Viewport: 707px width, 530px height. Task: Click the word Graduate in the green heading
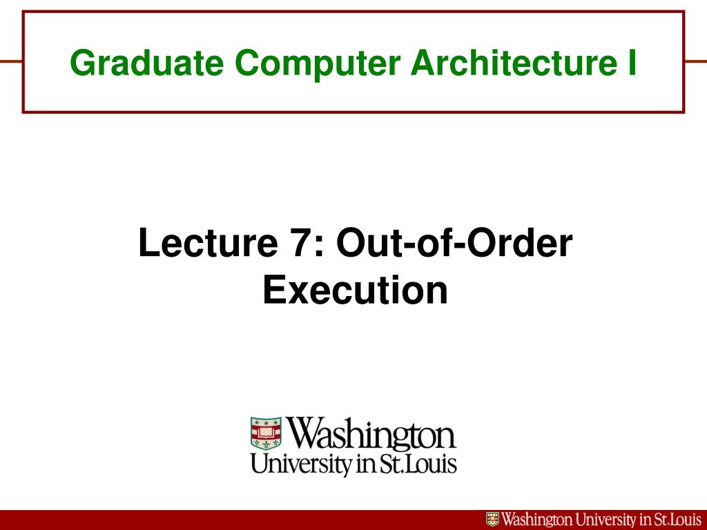coord(147,63)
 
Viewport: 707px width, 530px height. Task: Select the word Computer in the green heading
coord(318,63)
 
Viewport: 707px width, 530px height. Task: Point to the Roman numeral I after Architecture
coord(631,63)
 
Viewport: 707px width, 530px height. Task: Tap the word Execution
coord(356,290)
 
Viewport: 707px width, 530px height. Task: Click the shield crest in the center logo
coord(266,433)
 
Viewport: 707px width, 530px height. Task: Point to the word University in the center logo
coord(302,464)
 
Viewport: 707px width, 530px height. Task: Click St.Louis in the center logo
coord(418,464)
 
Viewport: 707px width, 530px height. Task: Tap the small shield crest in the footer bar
coord(492,519)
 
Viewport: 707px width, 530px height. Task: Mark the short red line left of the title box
coord(11,61)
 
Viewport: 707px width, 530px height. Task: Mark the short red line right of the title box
coord(695,61)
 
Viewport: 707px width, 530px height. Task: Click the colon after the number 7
coord(321,247)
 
